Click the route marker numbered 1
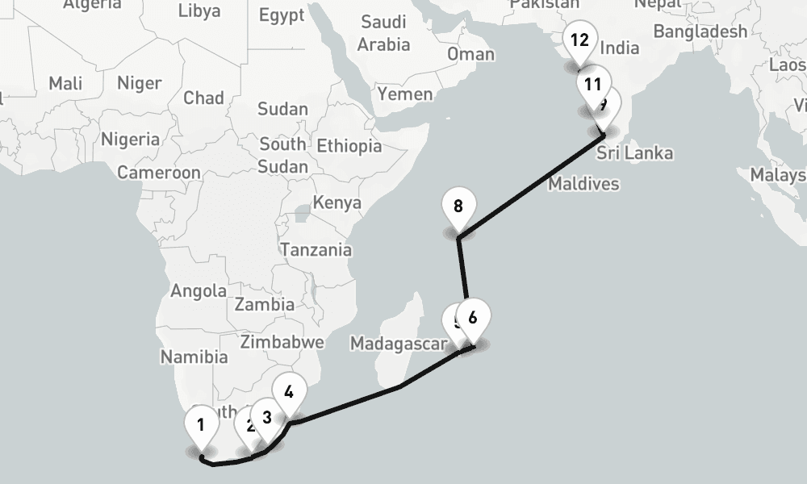[200, 425]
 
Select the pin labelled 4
[289, 393]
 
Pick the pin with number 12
[579, 41]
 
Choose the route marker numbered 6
[473, 318]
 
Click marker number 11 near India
[593, 84]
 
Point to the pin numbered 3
[266, 418]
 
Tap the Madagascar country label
[398, 344]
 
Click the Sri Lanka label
[635, 153]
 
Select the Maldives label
[583, 184]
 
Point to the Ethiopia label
[349, 146]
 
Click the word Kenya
[337, 202]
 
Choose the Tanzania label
[316, 249]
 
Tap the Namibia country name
[194, 356]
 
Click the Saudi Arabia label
[383, 32]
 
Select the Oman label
[470, 54]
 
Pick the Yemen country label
[405, 94]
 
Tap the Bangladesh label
[700, 31]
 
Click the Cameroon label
[159, 172]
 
